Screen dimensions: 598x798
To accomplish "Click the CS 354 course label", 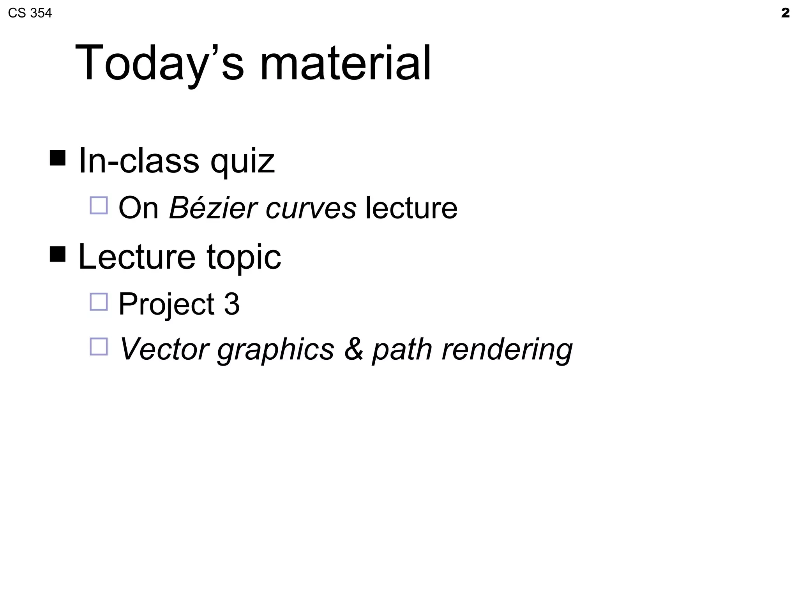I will [30, 13].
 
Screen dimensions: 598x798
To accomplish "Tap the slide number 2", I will [785, 13].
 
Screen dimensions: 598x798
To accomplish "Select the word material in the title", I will [345, 63].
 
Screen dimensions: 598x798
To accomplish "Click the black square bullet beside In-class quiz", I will [58, 158].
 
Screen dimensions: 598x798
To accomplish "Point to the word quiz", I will [242, 161].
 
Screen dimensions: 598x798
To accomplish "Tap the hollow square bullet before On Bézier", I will [99, 205].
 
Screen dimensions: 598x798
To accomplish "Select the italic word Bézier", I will [213, 208].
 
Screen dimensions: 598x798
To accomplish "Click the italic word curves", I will [311, 208].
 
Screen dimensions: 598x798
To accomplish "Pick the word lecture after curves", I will [411, 208].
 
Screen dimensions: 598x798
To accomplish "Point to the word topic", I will [244, 257].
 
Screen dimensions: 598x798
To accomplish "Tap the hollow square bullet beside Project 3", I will [99, 301].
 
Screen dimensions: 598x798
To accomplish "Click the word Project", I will [166, 304].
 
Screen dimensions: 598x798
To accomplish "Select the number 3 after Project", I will [231, 304].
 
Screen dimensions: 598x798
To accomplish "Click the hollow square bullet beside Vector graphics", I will [99, 346].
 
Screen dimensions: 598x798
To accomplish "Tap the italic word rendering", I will [507, 349].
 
